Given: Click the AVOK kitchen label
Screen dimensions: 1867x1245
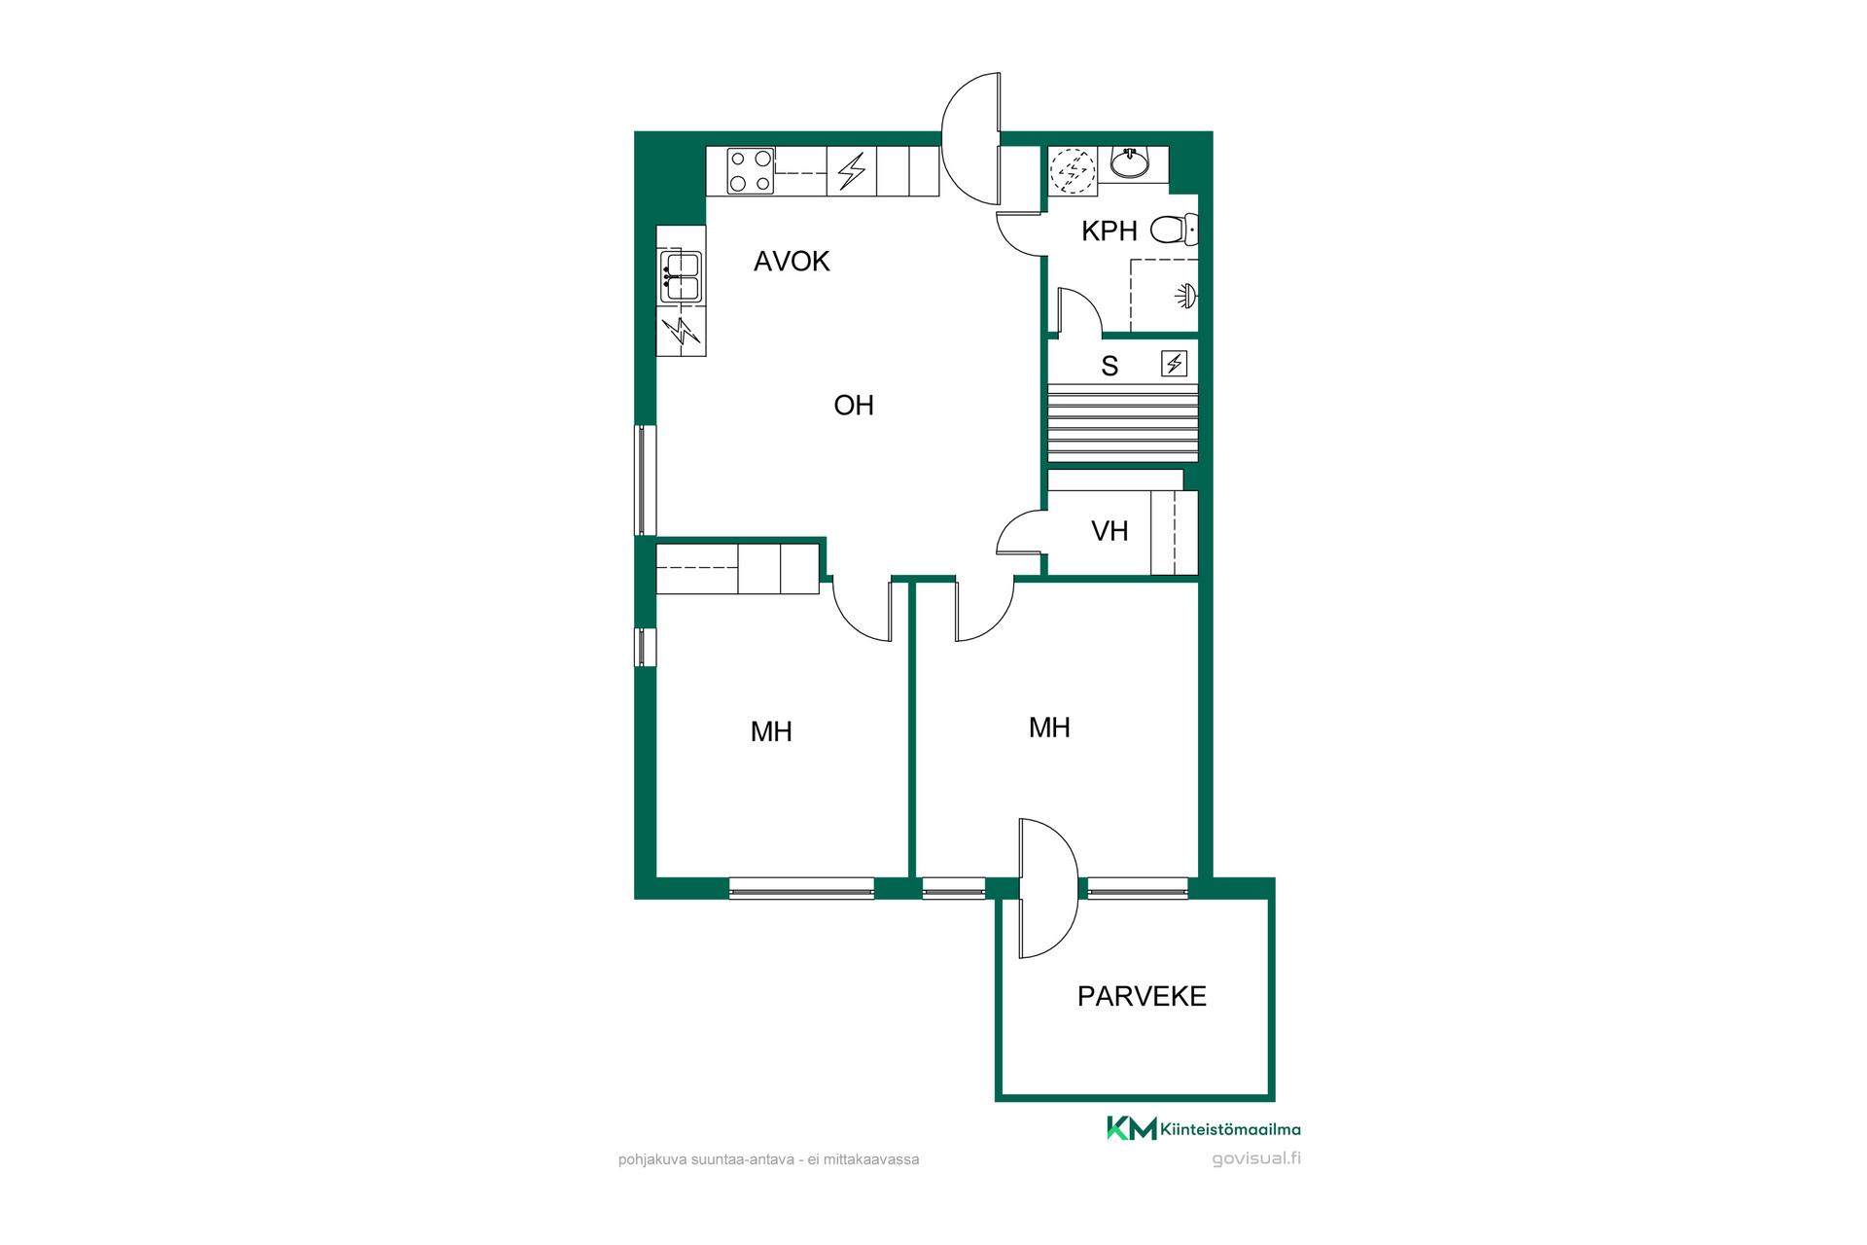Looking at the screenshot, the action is tap(792, 261).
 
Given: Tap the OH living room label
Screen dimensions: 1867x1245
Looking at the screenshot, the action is tap(854, 405).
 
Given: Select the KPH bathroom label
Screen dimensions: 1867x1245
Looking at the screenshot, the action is tap(1110, 231).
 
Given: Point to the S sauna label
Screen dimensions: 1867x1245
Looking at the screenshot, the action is tap(1110, 366).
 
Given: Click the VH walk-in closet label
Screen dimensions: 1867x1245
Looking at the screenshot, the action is tap(1110, 531).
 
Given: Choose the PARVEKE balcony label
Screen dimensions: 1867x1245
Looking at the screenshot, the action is tap(1142, 996).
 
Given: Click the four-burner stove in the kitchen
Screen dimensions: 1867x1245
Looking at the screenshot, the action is tap(751, 171).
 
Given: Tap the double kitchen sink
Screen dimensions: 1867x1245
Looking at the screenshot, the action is tap(681, 276).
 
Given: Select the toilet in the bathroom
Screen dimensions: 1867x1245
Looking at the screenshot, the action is tap(1175, 230).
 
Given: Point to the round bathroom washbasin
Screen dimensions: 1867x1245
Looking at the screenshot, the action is tap(1129, 162).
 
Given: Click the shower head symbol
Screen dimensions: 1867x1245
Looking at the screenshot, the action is tap(1186, 296).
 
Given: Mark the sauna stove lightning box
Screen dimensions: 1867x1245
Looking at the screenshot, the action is tap(1175, 364).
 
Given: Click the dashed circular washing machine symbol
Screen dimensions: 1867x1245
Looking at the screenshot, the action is tap(1073, 171).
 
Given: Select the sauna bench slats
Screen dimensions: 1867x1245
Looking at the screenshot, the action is tap(1122, 423).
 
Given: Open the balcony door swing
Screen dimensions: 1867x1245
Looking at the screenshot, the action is tap(1048, 888).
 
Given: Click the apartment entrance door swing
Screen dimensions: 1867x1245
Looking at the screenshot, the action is tap(970, 138).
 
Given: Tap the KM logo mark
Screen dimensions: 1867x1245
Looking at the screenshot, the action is tap(1132, 1128).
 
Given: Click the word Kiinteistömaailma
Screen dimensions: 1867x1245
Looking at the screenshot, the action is tap(1230, 1129).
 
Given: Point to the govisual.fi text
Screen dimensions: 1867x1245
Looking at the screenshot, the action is tap(1256, 1158).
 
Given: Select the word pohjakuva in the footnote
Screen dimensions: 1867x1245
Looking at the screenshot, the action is tap(652, 1159).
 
